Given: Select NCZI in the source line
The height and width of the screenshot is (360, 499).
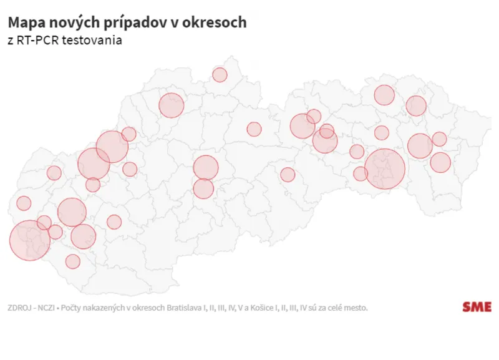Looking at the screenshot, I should (47, 308).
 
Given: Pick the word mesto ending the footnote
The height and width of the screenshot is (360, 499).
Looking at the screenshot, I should (355, 308).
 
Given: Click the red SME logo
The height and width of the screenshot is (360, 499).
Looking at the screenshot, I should (477, 307).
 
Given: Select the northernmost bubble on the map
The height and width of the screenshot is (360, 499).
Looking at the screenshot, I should (220, 75).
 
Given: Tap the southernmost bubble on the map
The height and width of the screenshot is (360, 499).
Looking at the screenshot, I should (73, 261).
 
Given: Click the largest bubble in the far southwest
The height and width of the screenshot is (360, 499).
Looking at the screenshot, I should (29, 240).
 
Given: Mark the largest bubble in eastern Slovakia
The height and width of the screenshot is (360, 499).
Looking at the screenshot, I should (385, 168).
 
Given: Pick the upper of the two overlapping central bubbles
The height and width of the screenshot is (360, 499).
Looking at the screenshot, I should (205, 168).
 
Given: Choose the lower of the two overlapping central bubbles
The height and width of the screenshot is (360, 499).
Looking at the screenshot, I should (203, 188).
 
